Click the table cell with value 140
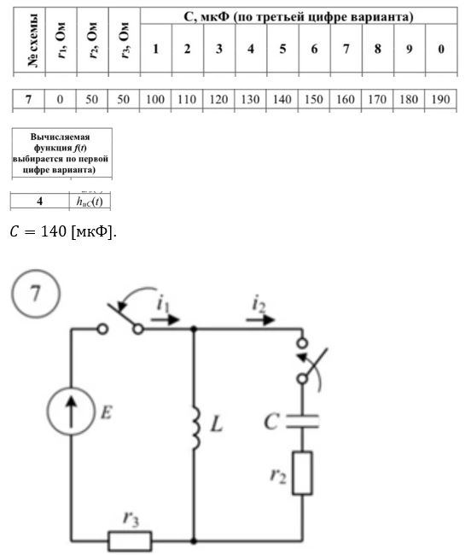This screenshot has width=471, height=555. pyautogui.click(x=282, y=99)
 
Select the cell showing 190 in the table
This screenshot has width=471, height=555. pyautogui.click(x=440, y=99)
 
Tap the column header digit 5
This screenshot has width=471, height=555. pyautogui.click(x=282, y=49)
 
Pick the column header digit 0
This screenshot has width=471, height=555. pyautogui.click(x=441, y=49)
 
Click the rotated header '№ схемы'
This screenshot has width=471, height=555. pyautogui.click(x=32, y=40)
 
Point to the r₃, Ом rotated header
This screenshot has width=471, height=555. pyautogui.click(x=124, y=40)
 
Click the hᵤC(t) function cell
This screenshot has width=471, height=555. pyautogui.click(x=90, y=202)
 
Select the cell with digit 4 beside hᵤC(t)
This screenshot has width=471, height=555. pyautogui.click(x=39, y=202)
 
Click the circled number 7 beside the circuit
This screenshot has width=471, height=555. pyautogui.click(x=36, y=294)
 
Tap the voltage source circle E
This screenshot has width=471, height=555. pyautogui.click(x=71, y=411)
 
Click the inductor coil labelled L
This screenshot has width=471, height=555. pyautogui.click(x=195, y=428)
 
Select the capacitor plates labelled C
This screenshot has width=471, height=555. pyautogui.click(x=302, y=421)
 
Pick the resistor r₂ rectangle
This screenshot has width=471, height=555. pyautogui.click(x=302, y=472)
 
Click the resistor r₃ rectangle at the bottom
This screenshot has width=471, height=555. pyautogui.click(x=130, y=540)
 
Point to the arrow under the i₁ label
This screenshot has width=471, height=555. pyautogui.click(x=166, y=319)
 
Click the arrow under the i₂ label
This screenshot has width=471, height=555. pyautogui.click(x=260, y=319)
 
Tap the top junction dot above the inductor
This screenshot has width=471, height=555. pyautogui.click(x=194, y=330)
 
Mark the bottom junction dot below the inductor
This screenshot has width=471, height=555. pyautogui.click(x=194, y=540)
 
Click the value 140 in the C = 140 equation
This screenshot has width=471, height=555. pyautogui.click(x=54, y=231)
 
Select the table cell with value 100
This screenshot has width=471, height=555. pyautogui.click(x=155, y=99)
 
